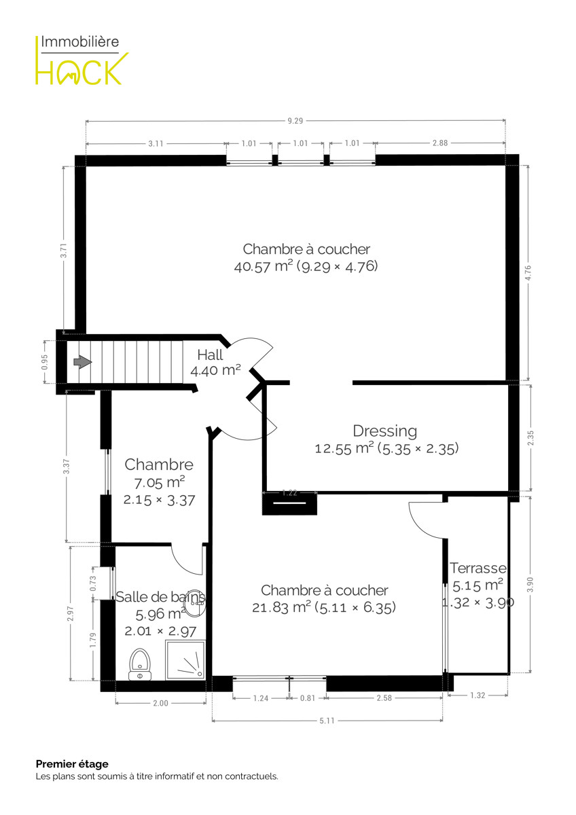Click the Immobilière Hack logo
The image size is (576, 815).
[x=82, y=60]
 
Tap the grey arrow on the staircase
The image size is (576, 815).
[x=83, y=361]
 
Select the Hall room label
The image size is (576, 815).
[x=210, y=355]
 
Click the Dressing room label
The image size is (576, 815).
[x=385, y=431]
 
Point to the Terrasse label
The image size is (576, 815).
[x=478, y=568]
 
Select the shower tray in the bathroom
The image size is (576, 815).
[x=185, y=660]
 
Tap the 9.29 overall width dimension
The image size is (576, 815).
[x=295, y=121]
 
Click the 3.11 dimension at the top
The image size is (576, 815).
[x=156, y=144]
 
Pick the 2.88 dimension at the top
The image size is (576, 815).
[x=440, y=143]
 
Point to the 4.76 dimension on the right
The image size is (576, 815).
[x=528, y=272]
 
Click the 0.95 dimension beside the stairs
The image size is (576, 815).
[x=44, y=362]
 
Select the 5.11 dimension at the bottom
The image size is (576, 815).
[x=327, y=721]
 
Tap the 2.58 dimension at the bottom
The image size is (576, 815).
[x=384, y=698]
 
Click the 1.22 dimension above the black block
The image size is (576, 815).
[x=289, y=493]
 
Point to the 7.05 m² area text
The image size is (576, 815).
[x=160, y=483]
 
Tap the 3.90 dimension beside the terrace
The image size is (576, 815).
[x=530, y=584]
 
